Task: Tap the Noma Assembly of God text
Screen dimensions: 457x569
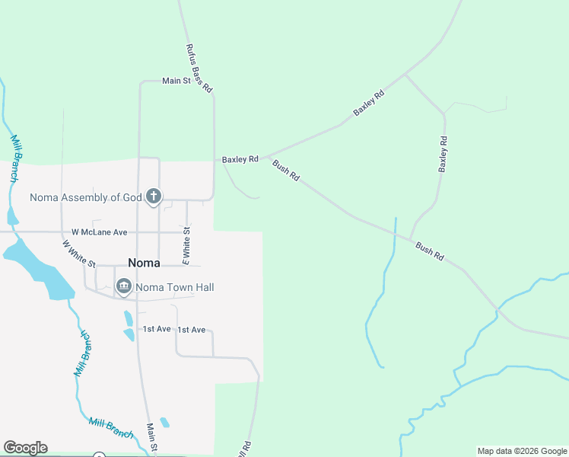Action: (x=86, y=197)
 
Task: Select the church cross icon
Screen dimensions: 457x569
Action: (x=153, y=197)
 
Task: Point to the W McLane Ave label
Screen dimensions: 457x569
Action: (x=100, y=232)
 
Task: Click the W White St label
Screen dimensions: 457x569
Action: (x=79, y=254)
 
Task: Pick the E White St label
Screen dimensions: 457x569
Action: (x=185, y=246)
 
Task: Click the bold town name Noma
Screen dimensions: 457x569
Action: (x=144, y=263)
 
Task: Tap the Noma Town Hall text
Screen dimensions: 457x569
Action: (x=174, y=287)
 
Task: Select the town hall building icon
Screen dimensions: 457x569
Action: (x=124, y=286)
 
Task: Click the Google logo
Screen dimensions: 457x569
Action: (x=25, y=448)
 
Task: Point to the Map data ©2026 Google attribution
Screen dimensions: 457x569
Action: (x=522, y=451)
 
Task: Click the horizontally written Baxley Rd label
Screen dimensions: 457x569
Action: (x=240, y=160)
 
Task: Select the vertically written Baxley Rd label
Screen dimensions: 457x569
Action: (x=443, y=155)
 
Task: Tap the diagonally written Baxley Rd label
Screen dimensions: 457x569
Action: (x=369, y=103)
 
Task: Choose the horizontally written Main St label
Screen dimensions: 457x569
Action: (x=176, y=81)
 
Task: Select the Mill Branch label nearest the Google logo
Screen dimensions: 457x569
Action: (x=111, y=427)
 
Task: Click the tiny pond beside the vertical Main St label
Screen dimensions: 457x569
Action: (x=165, y=422)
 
